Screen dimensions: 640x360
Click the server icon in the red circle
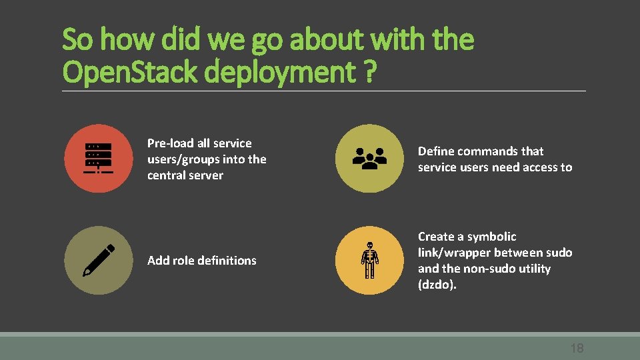coord(99,159)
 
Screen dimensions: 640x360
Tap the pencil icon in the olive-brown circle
coord(99,260)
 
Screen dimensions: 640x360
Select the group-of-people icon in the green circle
coord(369,159)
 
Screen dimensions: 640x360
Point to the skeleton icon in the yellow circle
coord(369,260)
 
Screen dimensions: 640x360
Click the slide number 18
coord(577,348)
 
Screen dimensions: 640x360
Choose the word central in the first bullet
coord(167,175)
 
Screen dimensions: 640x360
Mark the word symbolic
coord(492,237)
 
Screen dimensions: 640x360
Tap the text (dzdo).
coord(437,285)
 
